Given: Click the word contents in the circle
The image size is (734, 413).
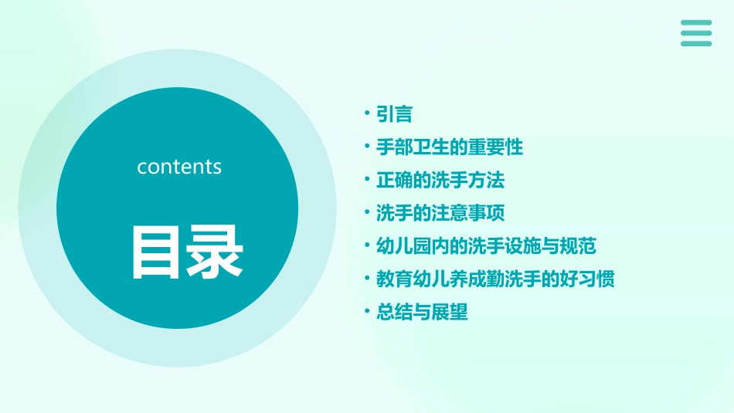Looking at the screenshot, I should [179, 167].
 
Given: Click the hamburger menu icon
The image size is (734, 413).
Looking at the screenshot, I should [696, 33].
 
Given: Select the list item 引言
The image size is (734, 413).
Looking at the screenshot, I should [394, 114].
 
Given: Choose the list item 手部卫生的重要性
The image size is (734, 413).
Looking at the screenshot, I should [449, 147].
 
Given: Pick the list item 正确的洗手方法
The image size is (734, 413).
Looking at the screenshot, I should [440, 180].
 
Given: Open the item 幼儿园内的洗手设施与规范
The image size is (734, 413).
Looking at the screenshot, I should [486, 246].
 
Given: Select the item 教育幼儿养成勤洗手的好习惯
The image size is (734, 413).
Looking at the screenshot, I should [495, 279].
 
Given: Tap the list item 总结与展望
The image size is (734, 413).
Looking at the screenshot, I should [422, 312].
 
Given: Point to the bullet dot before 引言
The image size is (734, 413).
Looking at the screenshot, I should [367, 114].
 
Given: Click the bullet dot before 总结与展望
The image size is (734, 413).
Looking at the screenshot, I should [367, 312].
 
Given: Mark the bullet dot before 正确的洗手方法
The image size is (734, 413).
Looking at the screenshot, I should [367, 180].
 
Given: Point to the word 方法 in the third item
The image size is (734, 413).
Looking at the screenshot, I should [486, 180].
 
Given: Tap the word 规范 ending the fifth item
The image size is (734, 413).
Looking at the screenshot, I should [578, 246].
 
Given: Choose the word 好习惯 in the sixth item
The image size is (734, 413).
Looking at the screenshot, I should [587, 279].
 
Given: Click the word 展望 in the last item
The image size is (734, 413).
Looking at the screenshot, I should [450, 312].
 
